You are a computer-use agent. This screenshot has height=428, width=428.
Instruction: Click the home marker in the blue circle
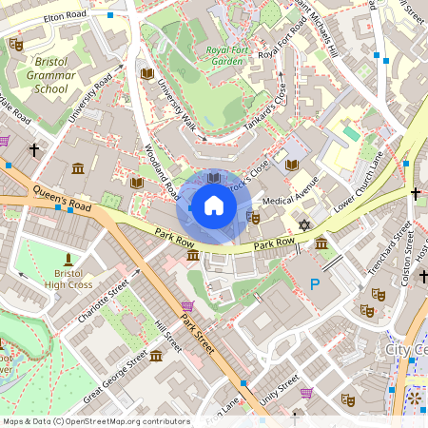point(214,204)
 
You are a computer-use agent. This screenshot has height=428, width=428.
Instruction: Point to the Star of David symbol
point(304,225)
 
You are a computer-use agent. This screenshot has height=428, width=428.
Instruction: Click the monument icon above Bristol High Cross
point(68,259)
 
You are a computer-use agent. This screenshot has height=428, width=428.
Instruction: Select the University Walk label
point(176,105)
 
